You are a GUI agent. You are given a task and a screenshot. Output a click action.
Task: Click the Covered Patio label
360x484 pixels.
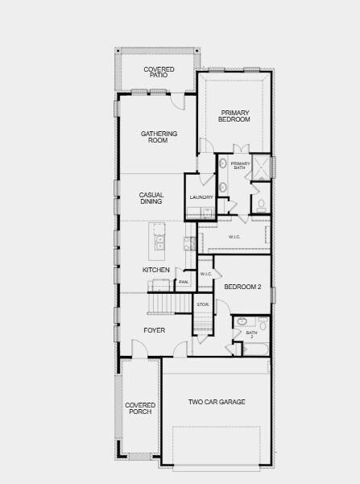(159, 72)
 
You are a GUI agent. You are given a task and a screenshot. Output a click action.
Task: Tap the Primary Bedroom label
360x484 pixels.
(234, 116)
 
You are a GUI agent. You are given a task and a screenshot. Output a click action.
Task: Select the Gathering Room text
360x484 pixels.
(159, 137)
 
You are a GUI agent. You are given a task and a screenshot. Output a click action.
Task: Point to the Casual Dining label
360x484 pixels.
(151, 198)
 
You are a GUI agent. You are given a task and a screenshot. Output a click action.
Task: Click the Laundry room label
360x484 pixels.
(201, 197)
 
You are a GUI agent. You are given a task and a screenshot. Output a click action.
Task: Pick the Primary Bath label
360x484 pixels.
(241, 166)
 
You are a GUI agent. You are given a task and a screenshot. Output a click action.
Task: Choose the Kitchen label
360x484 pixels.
(156, 270)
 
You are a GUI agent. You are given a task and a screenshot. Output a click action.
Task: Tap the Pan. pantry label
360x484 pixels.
(184, 282)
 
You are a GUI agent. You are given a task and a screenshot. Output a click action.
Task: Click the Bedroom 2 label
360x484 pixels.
(242, 287)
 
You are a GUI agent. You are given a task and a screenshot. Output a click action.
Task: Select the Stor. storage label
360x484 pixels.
(203, 304)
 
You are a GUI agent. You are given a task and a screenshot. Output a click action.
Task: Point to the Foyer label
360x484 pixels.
(155, 330)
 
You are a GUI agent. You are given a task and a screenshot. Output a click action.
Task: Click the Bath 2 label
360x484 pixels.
(251, 334)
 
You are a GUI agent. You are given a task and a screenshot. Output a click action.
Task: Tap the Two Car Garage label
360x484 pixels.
(217, 402)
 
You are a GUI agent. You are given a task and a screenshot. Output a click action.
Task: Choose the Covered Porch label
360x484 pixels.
(139, 408)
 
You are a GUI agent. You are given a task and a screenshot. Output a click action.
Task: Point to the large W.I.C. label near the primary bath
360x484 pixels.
(234, 237)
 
